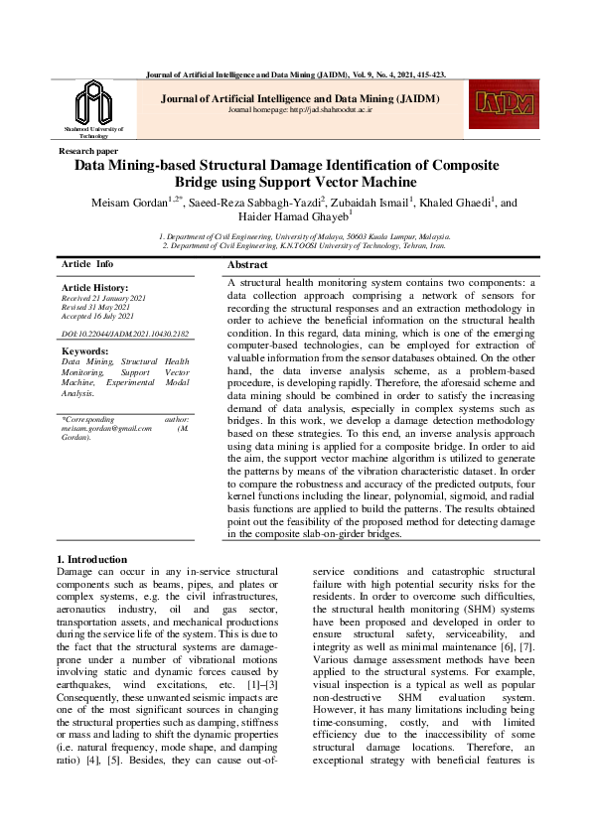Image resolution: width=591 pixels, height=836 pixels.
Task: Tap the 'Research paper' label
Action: [89, 150]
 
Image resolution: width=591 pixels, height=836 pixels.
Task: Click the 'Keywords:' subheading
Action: [84, 351]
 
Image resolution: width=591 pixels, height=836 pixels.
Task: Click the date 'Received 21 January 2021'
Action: [104, 298]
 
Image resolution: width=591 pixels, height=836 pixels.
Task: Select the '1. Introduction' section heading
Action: [92, 560]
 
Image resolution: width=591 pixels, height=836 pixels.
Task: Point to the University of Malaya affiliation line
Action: [305, 237]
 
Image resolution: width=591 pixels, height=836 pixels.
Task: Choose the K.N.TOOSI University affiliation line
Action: [305, 246]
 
